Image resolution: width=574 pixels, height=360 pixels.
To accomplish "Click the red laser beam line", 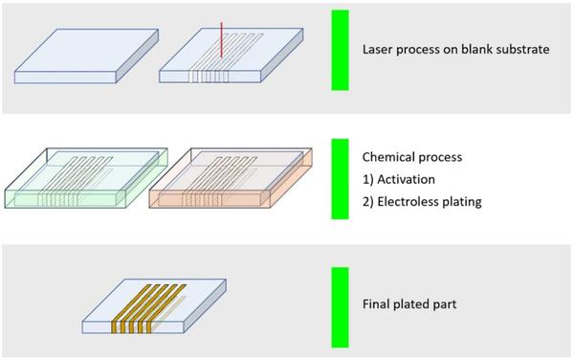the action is (x=221, y=40).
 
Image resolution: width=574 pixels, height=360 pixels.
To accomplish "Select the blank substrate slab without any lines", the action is (x=86, y=56).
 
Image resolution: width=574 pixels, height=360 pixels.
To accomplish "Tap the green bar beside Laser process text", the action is (x=340, y=50).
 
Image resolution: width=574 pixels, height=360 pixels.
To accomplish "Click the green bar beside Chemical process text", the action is (x=340, y=179).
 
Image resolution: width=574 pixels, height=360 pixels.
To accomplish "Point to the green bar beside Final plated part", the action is (x=340, y=307).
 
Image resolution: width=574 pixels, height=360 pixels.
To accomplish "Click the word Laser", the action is (x=378, y=49).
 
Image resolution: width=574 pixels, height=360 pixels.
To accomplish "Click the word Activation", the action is (x=407, y=179).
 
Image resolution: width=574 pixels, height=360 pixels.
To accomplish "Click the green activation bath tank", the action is (x=86, y=178).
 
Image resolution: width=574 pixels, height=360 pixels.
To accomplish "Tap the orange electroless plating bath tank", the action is (x=231, y=178).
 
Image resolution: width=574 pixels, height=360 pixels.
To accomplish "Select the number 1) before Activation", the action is (x=368, y=179).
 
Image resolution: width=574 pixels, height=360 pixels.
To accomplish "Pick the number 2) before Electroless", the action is (x=368, y=202).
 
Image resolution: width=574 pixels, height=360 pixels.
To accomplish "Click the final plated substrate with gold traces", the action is (x=154, y=306).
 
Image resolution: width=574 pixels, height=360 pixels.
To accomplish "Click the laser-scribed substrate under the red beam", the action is (x=231, y=56).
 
